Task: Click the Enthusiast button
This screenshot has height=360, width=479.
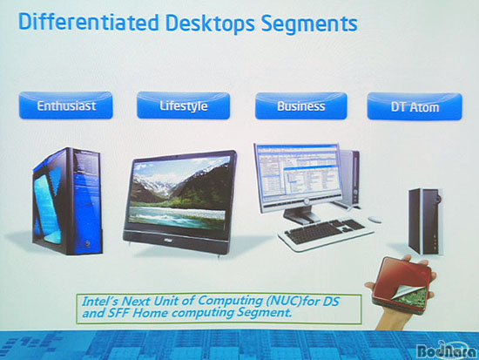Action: coord(65,105)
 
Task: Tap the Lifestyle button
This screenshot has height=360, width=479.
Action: coord(183,105)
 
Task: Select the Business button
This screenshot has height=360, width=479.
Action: coord(301,105)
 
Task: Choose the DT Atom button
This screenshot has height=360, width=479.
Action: coord(415,106)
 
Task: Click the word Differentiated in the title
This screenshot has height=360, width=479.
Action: coord(89,22)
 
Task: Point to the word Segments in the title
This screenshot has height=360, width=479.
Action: coord(309,24)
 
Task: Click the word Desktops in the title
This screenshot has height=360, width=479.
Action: coord(210,24)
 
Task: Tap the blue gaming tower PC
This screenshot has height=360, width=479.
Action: coord(68,201)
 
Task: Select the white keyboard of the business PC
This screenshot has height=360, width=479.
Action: coord(326,234)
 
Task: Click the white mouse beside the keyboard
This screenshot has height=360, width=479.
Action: coord(374,220)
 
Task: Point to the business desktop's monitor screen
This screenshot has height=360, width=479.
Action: coord(299,173)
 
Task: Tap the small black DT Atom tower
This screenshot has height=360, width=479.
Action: coord(426,222)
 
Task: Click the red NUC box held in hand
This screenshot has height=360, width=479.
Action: coord(402,285)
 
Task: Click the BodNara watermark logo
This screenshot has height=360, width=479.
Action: coord(447,350)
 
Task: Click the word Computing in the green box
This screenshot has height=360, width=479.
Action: coord(230,301)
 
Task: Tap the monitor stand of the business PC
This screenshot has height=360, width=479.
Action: coord(301,214)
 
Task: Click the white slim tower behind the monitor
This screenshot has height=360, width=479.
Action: coord(350,178)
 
